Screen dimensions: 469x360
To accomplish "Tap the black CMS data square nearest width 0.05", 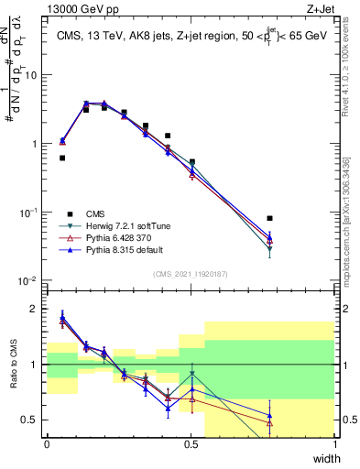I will coord(62,158).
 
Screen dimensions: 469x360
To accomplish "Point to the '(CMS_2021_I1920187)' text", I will coord(190,273).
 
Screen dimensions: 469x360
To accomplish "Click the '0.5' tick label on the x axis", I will coord(191,444).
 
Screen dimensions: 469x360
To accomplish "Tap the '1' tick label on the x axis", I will coord(334,444).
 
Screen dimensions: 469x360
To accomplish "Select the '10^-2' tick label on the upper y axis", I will coord(29,280).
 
